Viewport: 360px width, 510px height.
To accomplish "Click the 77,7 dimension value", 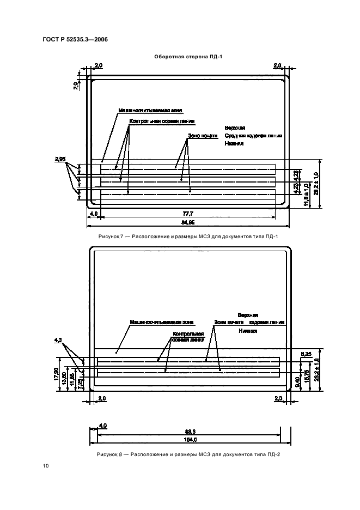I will tap(187, 215).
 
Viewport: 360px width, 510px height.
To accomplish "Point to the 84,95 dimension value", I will tap(188, 222).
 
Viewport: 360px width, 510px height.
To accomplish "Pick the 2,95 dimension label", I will tap(60, 159).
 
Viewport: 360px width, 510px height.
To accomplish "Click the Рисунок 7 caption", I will tap(188, 236).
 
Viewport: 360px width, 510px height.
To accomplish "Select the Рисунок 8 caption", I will tap(188, 454).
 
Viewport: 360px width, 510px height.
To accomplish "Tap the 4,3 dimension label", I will tap(59, 340).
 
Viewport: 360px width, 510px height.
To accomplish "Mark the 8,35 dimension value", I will tap(306, 354).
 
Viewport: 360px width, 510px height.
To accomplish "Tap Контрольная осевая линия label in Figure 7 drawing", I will tap(162, 121).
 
